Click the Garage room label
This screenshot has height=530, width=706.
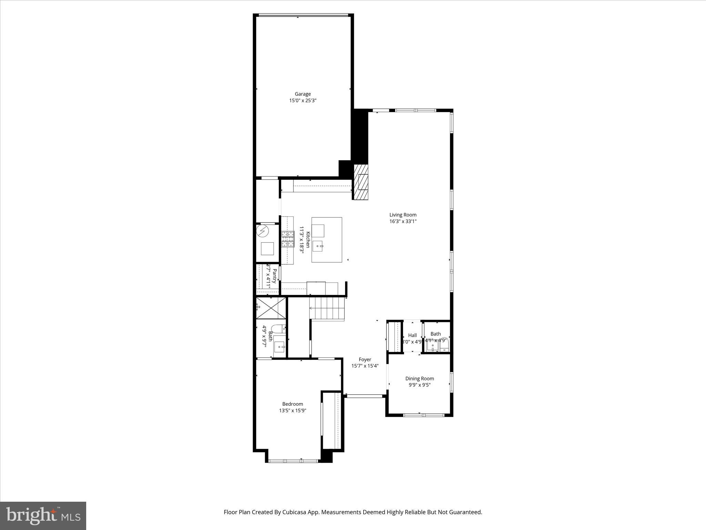pyautogui.click(x=302, y=94)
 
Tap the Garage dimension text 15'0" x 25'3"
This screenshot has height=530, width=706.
pyautogui.click(x=302, y=101)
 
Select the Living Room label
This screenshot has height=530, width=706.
pyautogui.click(x=403, y=215)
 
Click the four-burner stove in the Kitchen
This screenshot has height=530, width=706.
pyautogui.click(x=288, y=239)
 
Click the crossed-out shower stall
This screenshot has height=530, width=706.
pyautogui.click(x=271, y=308)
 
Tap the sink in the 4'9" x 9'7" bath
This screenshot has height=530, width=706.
pyautogui.click(x=280, y=347)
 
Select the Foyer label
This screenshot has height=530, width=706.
pyautogui.click(x=365, y=360)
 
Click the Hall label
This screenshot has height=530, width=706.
pyautogui.click(x=412, y=335)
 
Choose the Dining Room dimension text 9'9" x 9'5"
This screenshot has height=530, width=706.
pyautogui.click(x=419, y=385)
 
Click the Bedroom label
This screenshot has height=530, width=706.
pyautogui.click(x=292, y=404)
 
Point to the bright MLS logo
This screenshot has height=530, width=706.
pyautogui.click(x=43, y=516)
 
